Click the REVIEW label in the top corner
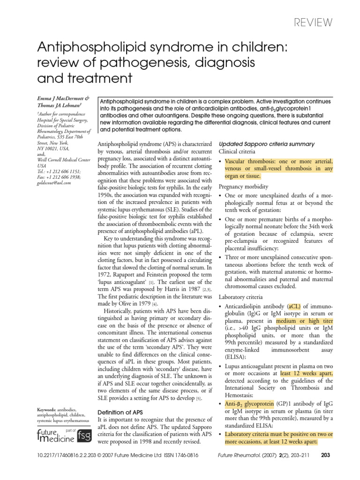313,22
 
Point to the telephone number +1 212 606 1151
63,172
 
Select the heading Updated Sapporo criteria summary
267,144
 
